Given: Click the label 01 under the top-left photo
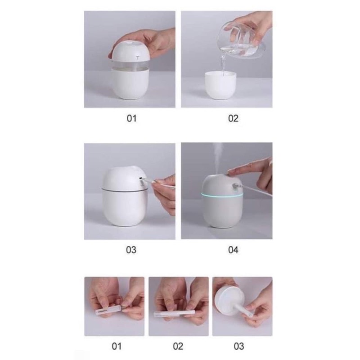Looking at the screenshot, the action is click(131, 118).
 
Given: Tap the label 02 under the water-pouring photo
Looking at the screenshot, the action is click(233, 118).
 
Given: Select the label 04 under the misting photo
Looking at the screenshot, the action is click(233, 250).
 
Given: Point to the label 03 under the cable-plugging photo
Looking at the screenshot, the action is click(131, 250).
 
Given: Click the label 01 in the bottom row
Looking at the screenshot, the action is click(117, 346).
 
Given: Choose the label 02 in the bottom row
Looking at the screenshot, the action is click(178, 346).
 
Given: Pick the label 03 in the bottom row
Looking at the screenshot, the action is click(239, 346).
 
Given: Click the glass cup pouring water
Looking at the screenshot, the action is click(241, 41).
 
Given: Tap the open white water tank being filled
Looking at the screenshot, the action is click(220, 85).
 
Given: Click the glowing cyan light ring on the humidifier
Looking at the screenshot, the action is click(222, 195).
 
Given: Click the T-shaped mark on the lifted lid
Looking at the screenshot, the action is click(138, 58).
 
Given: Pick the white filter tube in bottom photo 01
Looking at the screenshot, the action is click(108, 309).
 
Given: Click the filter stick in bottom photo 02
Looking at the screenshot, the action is click(175, 313).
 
